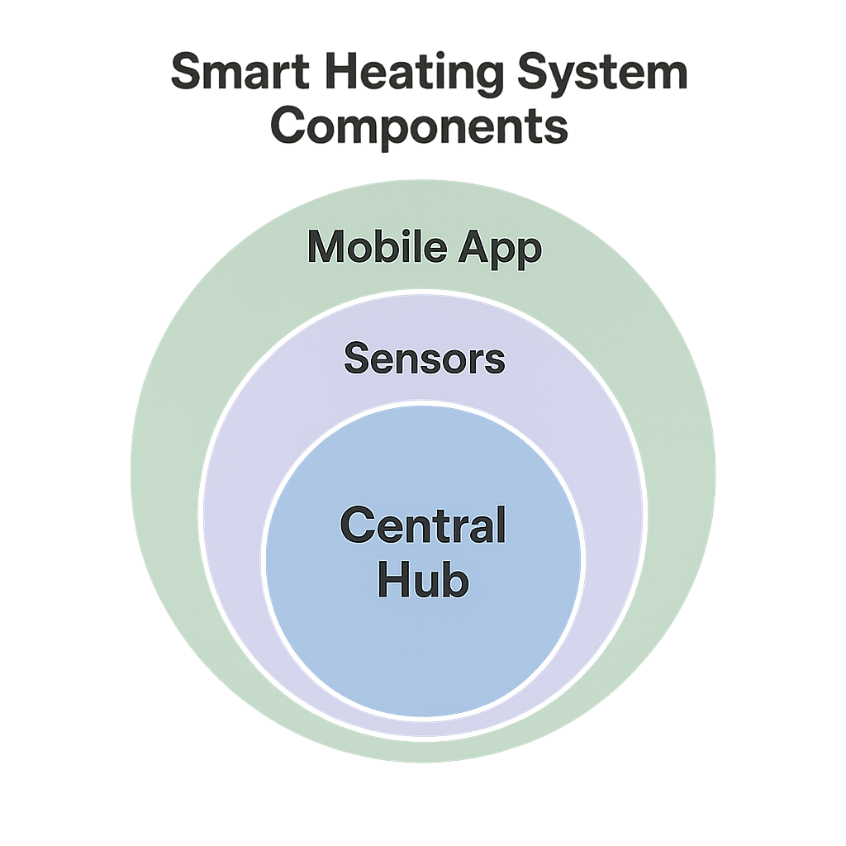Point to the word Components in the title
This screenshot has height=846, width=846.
pos(422,127)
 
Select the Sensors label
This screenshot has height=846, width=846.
pos(424,359)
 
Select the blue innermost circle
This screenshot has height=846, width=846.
pos(423,653)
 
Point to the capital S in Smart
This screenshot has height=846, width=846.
pos(187,74)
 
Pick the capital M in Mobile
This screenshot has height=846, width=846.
pos(325,247)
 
